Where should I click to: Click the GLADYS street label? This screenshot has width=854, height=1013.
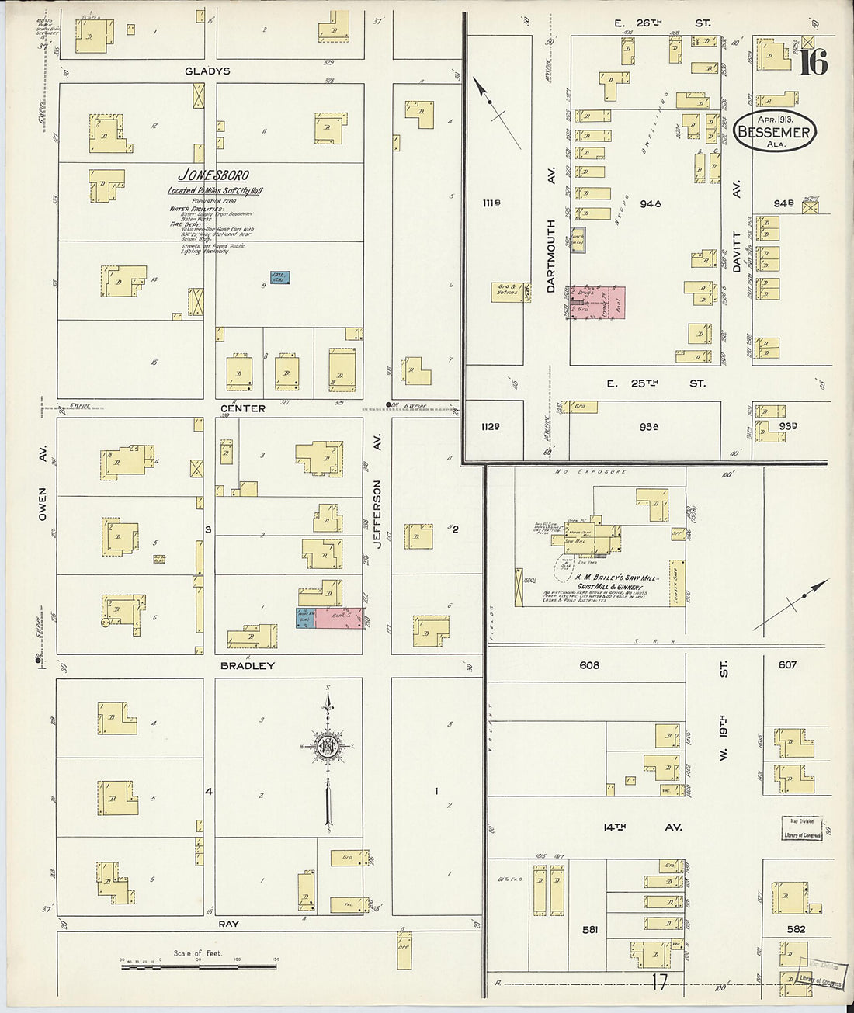click(207, 71)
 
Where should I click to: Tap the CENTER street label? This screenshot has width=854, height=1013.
click(242, 408)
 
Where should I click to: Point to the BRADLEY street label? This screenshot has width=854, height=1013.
click(248, 666)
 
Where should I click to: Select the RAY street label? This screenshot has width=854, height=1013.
click(228, 924)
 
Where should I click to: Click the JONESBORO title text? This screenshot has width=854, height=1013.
click(213, 175)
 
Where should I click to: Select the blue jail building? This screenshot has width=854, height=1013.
click(279, 277)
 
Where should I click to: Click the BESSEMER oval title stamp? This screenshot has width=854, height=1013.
click(773, 132)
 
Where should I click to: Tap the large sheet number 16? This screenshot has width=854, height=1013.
click(813, 61)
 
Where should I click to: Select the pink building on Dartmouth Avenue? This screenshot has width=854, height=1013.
click(598, 303)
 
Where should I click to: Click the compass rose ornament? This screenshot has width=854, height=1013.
click(328, 747)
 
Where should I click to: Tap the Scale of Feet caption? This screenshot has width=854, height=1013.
click(197, 953)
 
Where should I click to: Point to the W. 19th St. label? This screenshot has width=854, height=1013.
click(723, 710)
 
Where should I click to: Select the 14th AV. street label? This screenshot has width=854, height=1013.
click(642, 827)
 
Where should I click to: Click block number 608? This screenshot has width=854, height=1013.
click(589, 665)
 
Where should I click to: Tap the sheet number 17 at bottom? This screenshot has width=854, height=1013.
click(659, 983)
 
